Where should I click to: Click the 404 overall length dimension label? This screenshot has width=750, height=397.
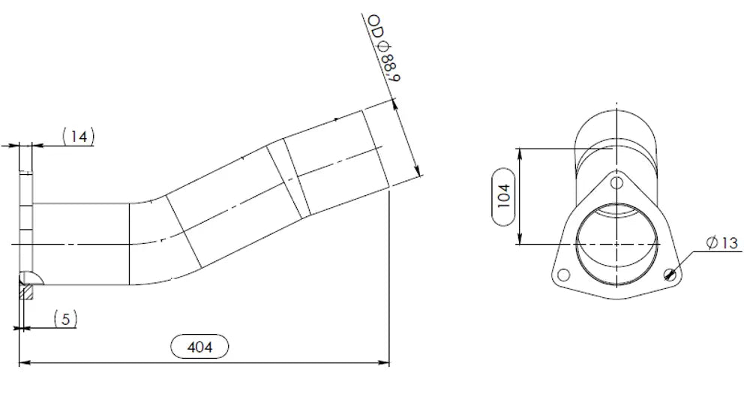tap(199, 347)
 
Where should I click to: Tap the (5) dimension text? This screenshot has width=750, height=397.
tap(65, 318)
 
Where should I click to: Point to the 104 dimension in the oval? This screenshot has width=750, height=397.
tap(504, 197)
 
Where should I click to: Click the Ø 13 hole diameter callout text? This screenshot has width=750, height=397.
tap(722, 243)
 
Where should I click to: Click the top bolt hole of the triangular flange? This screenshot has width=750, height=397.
tap(617, 182)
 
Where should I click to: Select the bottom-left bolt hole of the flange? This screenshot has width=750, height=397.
tap(564, 275)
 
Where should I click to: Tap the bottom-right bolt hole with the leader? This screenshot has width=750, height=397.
tap(670, 275)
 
